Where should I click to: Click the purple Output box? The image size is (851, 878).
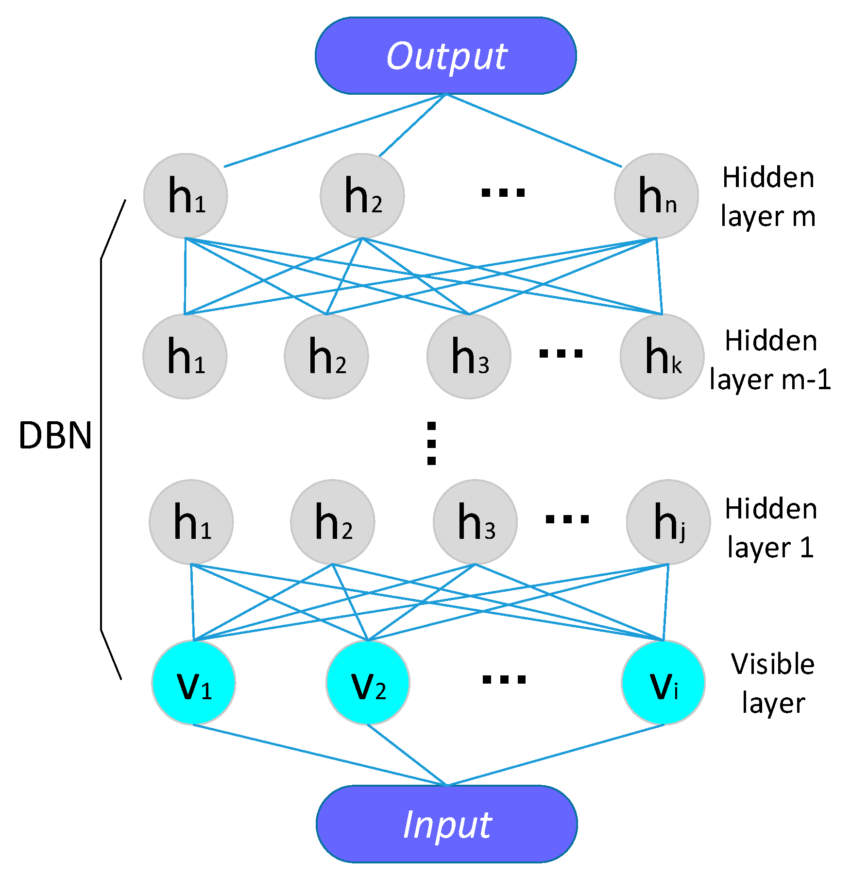click(445, 56)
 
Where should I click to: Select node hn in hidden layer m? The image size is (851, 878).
click(656, 196)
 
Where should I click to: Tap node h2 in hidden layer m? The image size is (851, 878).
click(362, 196)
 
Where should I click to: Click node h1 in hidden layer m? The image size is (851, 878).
click(186, 196)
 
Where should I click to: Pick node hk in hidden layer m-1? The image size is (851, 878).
click(662, 356)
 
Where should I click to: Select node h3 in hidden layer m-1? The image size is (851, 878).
click(469, 356)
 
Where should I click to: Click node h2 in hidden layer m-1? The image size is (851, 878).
click(326, 356)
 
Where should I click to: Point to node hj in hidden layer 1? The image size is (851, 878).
click(668, 522)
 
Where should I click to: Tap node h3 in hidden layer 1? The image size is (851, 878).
click(475, 522)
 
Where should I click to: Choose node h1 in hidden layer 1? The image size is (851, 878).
click(191, 522)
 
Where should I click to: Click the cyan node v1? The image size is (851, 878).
click(194, 682)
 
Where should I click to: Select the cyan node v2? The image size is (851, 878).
click(368, 682)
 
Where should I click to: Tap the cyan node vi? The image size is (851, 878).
click(664, 682)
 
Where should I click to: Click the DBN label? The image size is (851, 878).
click(55, 435)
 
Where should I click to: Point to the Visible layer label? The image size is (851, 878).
click(773, 683)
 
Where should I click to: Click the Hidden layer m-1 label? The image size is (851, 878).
click(770, 360)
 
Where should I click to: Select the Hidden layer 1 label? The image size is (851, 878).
click(771, 528)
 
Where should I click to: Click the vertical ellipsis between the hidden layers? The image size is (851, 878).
click(431, 443)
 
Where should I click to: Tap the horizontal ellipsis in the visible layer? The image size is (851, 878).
click(504, 679)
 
